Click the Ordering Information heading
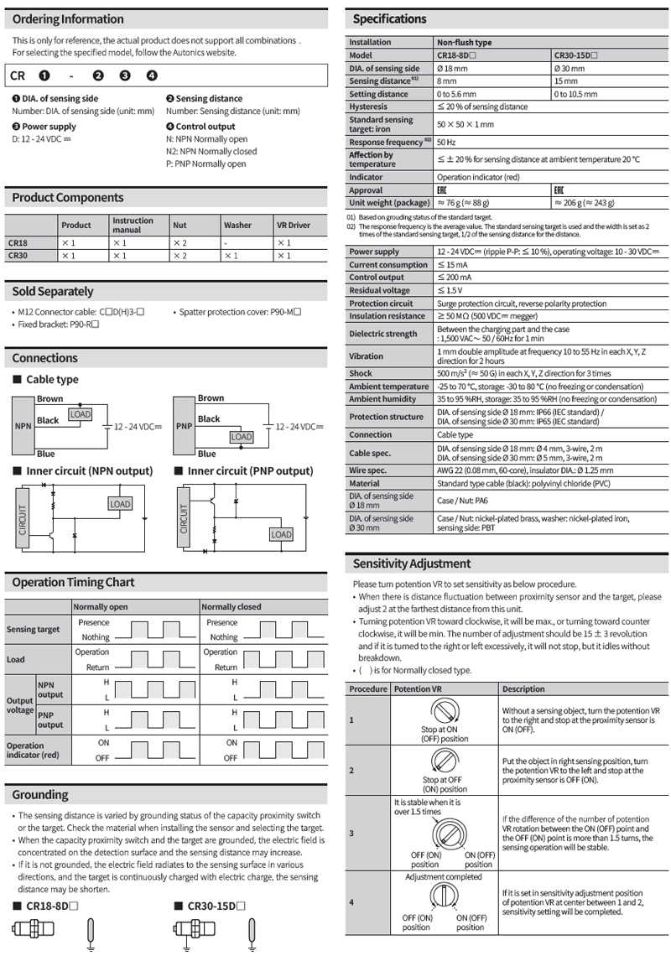pos(68,19)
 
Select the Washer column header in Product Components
pos(237,225)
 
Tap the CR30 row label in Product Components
pos(18,256)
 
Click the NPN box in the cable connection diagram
pos(23,426)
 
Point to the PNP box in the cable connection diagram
pos(185,426)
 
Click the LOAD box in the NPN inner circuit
pos(120,504)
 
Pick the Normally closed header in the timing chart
pos(231,606)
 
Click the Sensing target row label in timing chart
pos(34,629)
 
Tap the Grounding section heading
pos(40,794)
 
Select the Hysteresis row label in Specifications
pos(367,106)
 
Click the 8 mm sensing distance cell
pos(445,81)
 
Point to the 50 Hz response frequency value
pos(446,142)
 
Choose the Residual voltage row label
pos(380,290)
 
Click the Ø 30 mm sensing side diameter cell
pos(569,69)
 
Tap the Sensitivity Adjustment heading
pos(412,564)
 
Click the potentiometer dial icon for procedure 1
pos(445,712)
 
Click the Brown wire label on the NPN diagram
pos(50,399)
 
